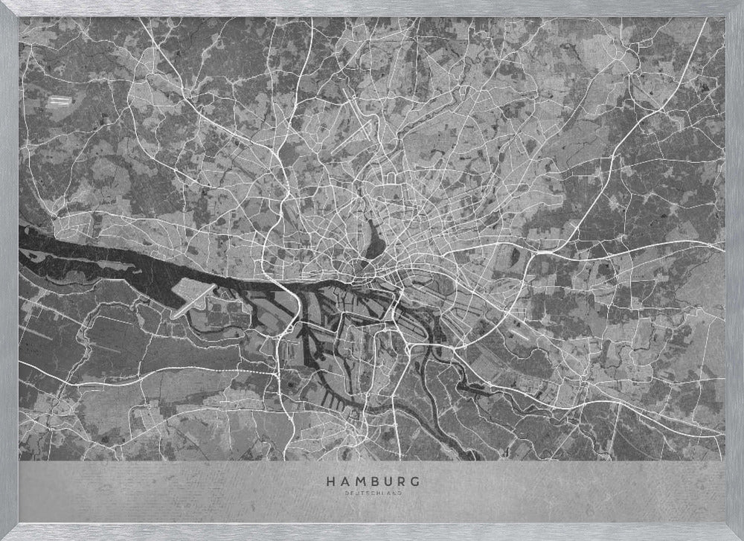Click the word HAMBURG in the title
coord(372,481)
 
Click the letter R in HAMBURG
coord(400,481)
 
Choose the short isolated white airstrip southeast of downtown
coord(519,333)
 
